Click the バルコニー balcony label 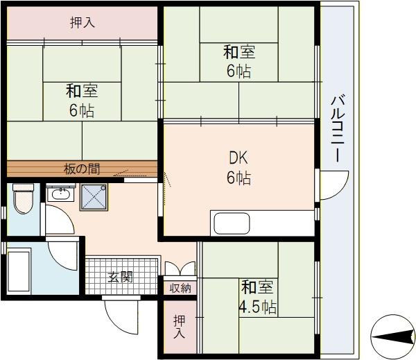(338, 129)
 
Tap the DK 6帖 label (239, 167)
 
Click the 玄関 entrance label (121, 276)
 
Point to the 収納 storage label (180, 287)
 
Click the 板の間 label (81, 168)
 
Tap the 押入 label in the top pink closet (83, 23)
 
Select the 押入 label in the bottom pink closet (180, 326)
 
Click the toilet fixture (22, 199)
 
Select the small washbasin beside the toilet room (60, 194)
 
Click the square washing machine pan (94, 197)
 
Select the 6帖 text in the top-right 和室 (239, 71)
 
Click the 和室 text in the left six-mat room (82, 91)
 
